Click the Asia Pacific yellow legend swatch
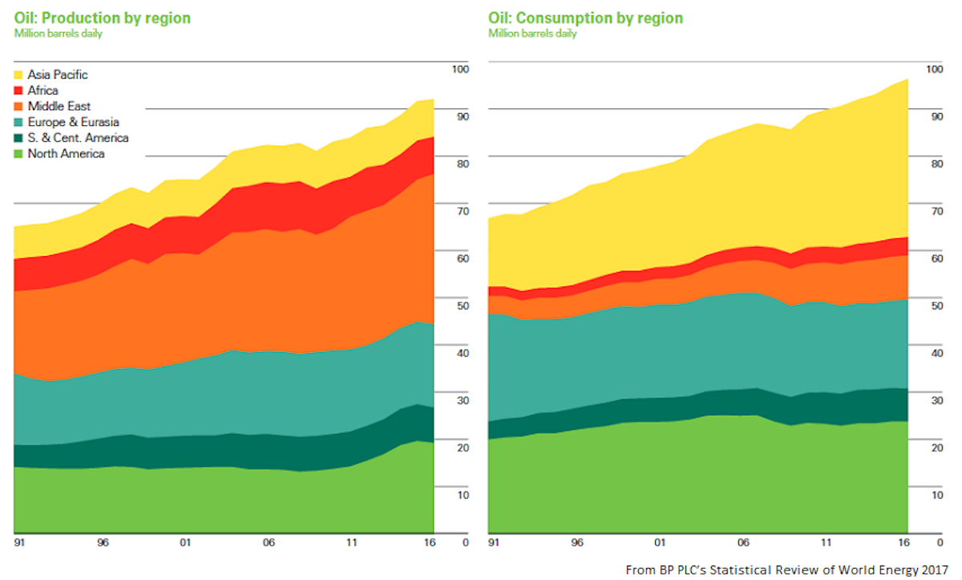(x=19, y=75)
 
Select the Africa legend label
(x=42, y=91)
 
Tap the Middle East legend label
(x=59, y=106)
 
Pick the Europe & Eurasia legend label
(x=73, y=122)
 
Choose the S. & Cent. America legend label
(x=78, y=138)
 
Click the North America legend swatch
(x=19, y=154)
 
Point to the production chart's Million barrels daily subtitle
(x=59, y=34)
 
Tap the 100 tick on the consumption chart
(x=934, y=69)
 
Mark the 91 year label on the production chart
(x=19, y=543)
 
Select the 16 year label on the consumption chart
(x=903, y=543)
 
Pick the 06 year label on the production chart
(x=269, y=543)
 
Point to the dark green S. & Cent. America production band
(x=240, y=446)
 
